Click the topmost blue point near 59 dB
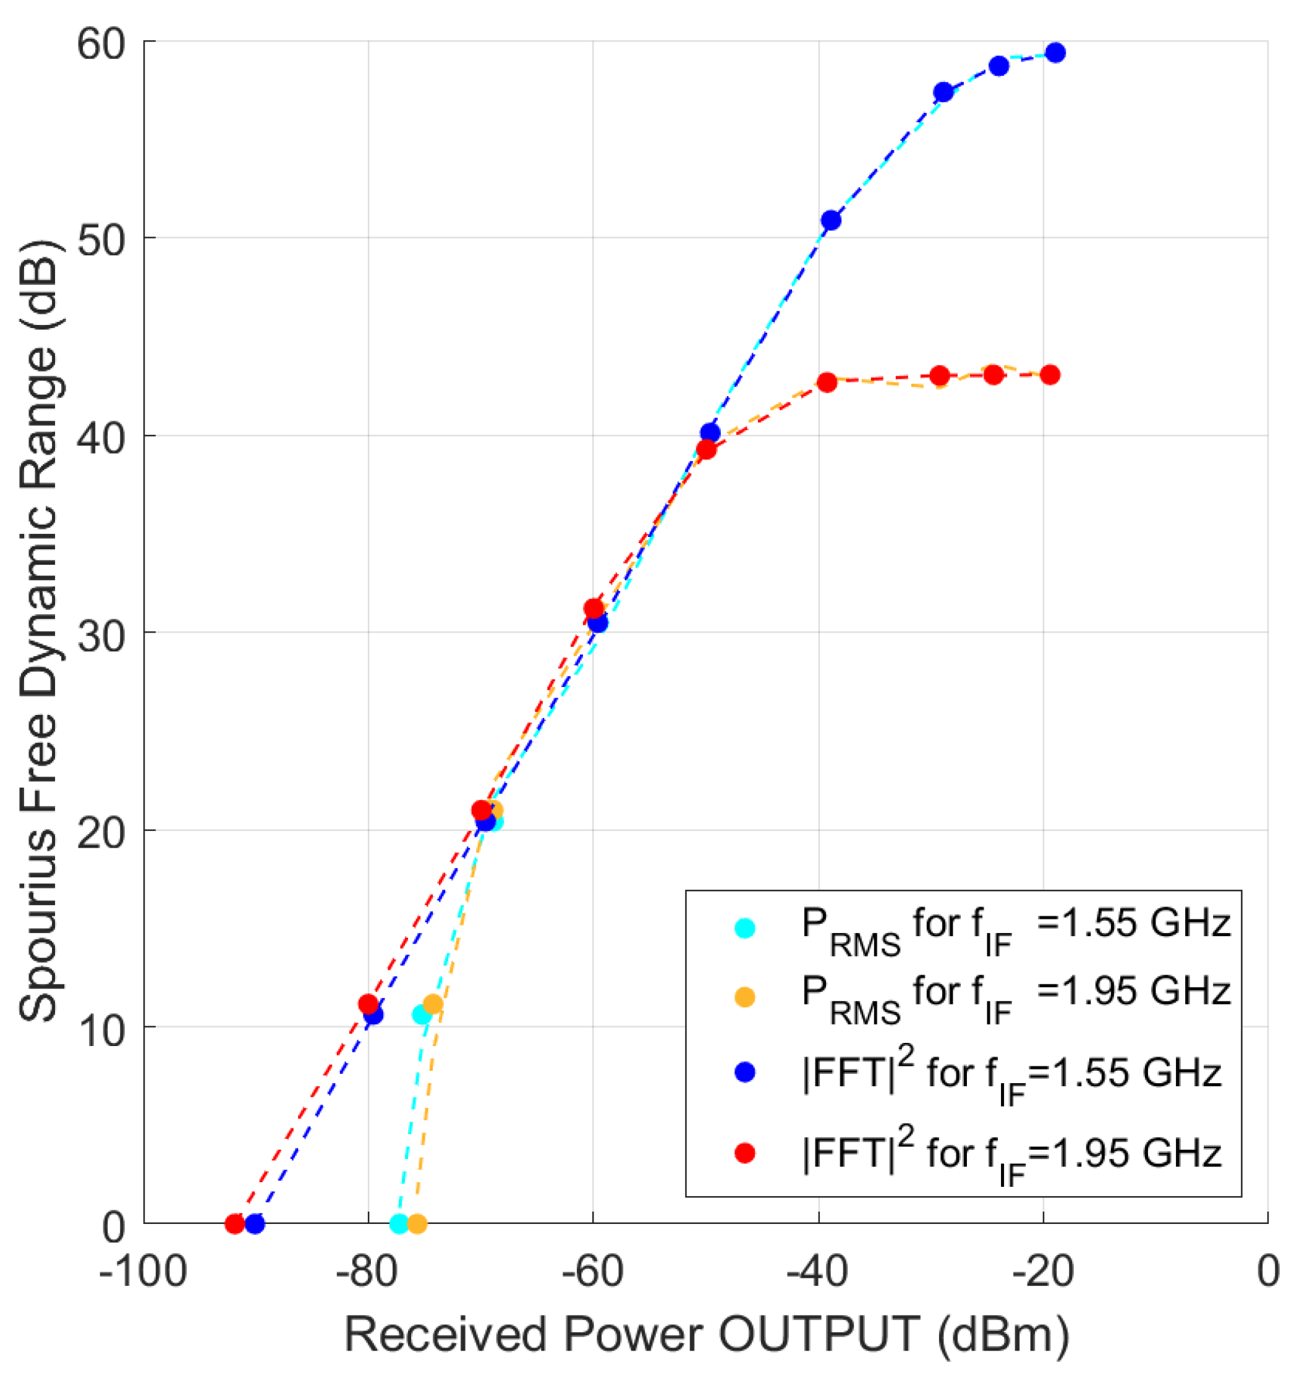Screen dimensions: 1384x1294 (x=1055, y=53)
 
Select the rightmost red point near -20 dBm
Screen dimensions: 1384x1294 (x=1050, y=375)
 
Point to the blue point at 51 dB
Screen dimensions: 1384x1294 (x=830, y=221)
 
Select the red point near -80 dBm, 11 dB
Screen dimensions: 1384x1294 (x=368, y=1004)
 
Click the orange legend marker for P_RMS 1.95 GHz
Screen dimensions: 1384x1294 (x=744, y=997)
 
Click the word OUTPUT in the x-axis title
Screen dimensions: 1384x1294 (x=819, y=1334)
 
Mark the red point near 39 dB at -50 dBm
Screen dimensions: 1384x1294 (x=705, y=450)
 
